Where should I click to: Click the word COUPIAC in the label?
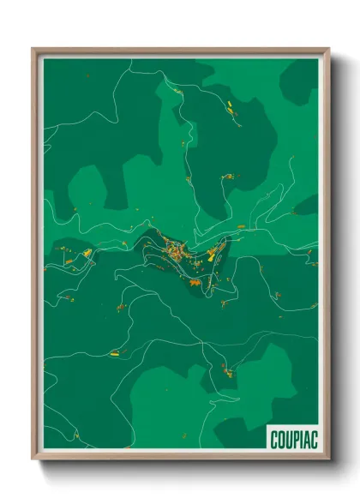[292, 439]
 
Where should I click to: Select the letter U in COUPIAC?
[287, 439]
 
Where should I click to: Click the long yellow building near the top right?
[232, 107]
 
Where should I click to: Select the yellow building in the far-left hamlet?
[87, 253]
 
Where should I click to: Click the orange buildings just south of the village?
[195, 280]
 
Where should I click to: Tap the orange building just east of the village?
[241, 226]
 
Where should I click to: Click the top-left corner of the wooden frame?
[33, 50]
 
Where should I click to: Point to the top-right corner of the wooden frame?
[328, 50]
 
